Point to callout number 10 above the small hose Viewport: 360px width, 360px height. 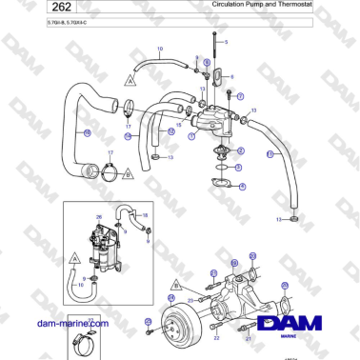pyautogui.click(x=160, y=49)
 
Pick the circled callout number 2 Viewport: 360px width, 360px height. pyautogui.click(x=240, y=150)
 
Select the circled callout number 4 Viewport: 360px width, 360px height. pyautogui.click(x=242, y=187)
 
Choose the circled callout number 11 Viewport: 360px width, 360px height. pyautogui.click(x=270, y=154)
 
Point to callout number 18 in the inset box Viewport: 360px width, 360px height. pyautogui.click(x=145, y=216)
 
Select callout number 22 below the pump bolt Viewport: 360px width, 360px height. pyautogui.click(x=216, y=338)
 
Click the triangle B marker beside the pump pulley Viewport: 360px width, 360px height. pyautogui.click(x=174, y=283)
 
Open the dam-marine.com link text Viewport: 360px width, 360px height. pyautogui.click(x=72, y=323)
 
